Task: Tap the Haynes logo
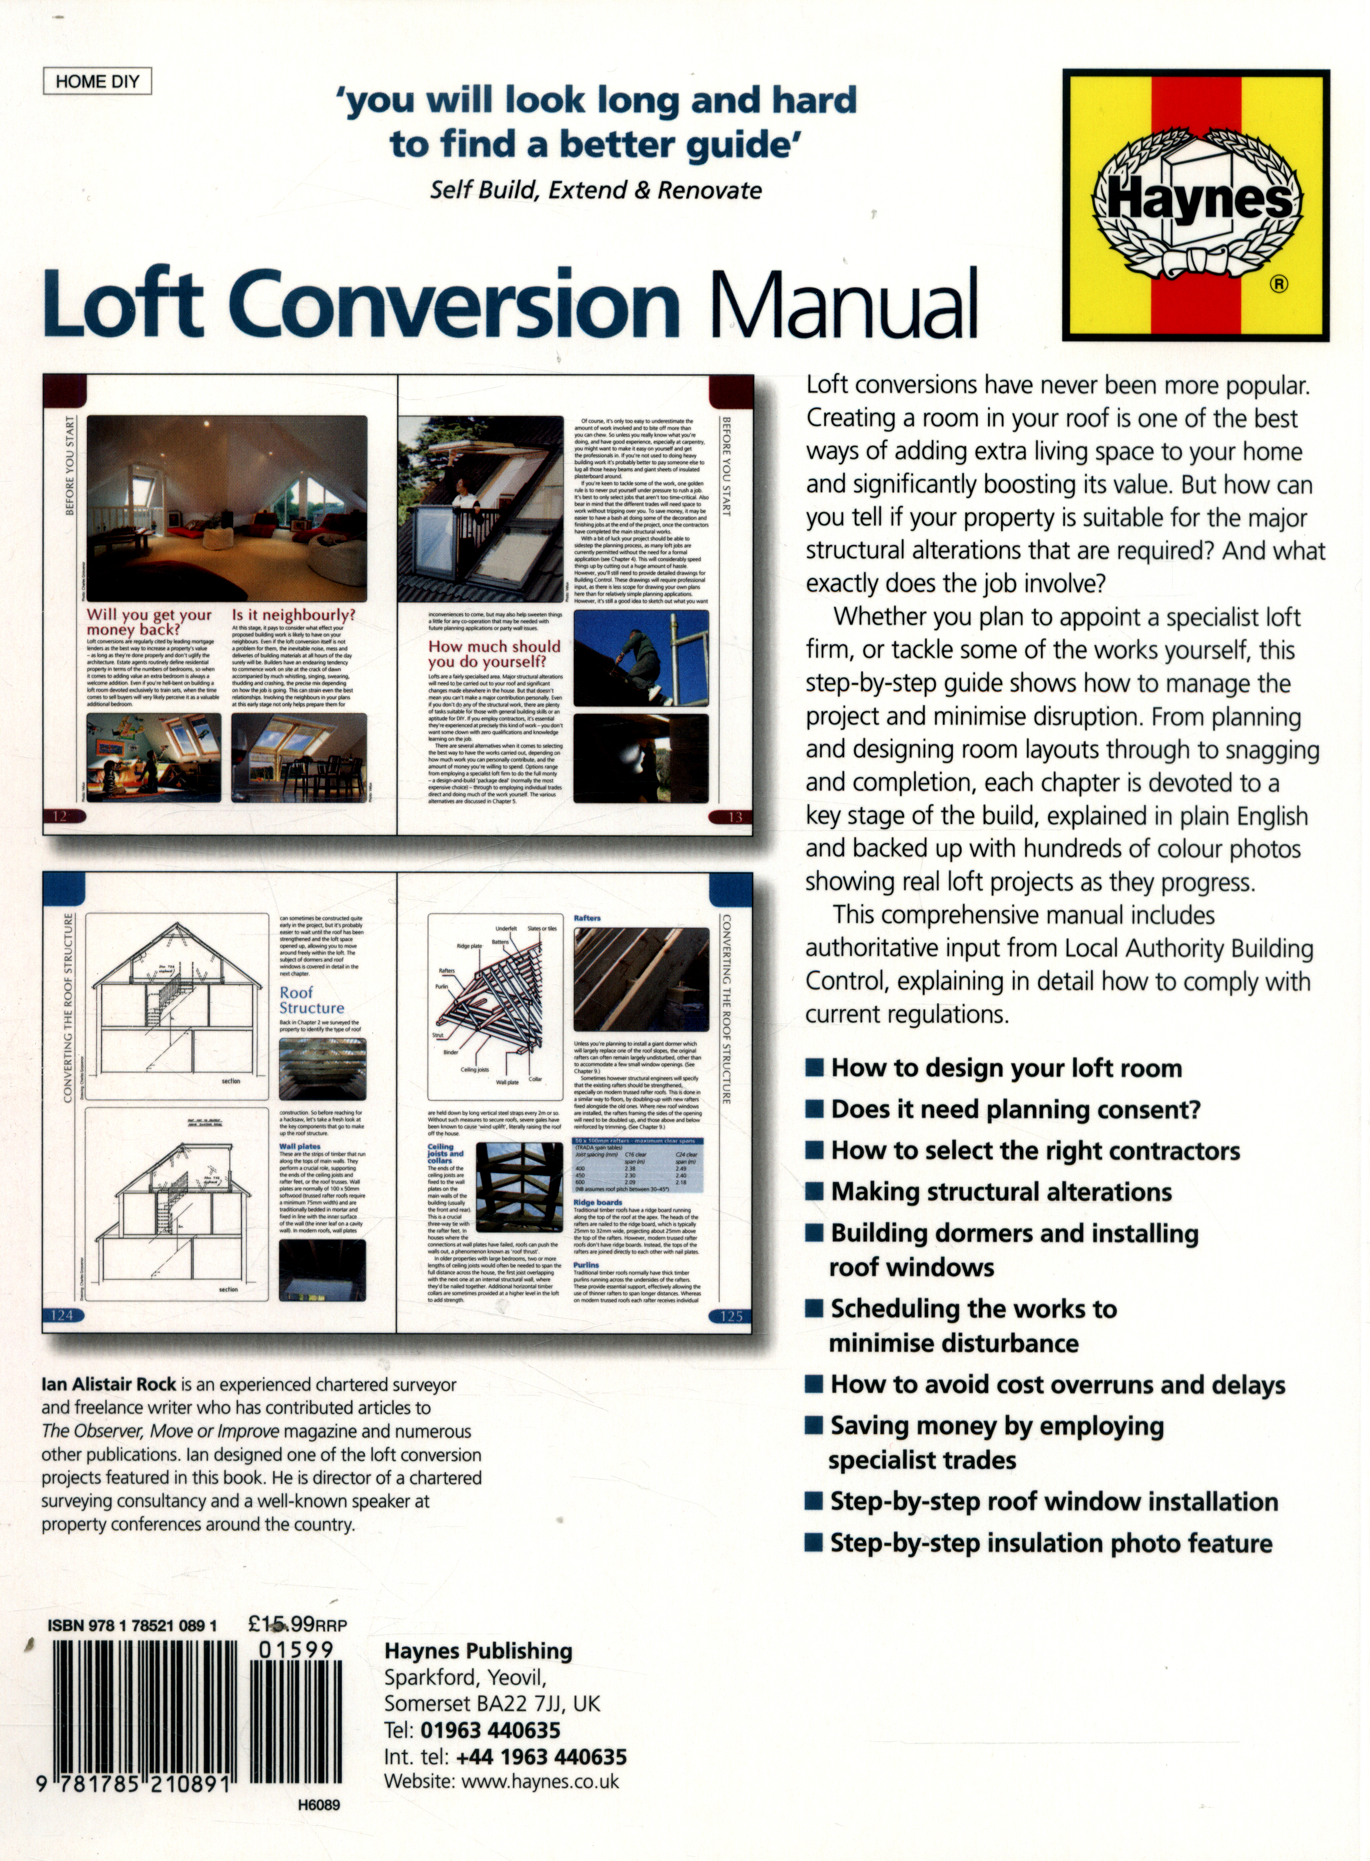pos(1196,205)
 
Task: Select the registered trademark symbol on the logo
pos(1279,284)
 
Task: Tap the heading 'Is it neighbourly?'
pos(293,614)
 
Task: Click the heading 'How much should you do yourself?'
pos(494,653)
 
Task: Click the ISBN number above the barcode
pos(133,1625)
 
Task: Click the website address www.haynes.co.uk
pos(540,1781)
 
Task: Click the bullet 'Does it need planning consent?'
pos(1015,1109)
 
